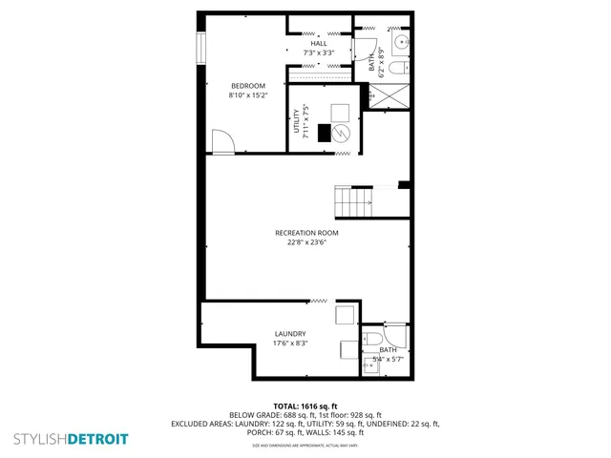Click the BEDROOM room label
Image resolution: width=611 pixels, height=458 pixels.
tap(247, 86)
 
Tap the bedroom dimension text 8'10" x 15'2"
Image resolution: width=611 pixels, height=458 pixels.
tap(247, 95)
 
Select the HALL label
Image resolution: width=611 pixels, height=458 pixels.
tap(318, 43)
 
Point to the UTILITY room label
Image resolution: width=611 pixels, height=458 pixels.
tap(297, 120)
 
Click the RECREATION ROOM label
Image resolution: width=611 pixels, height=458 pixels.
tap(306, 233)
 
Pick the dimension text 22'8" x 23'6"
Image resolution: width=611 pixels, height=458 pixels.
tap(306, 242)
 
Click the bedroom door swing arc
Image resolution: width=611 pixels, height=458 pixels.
tap(221, 142)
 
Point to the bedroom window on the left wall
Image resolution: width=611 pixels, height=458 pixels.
tap(200, 50)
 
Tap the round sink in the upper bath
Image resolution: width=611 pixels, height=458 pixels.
tap(402, 43)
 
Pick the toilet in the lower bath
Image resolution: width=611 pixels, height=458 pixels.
tap(373, 338)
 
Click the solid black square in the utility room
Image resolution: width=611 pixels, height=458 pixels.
tap(325, 133)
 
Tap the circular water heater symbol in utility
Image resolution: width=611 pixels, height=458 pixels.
tap(341, 135)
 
